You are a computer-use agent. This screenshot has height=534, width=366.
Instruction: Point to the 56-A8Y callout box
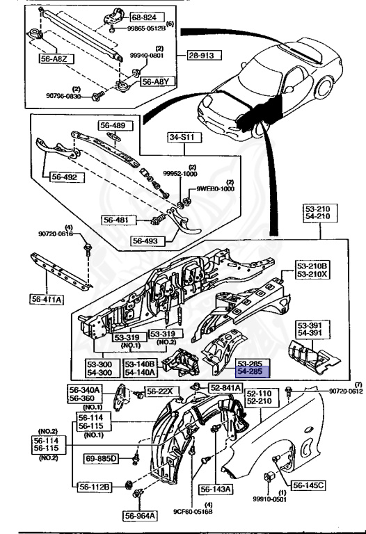point(157,81)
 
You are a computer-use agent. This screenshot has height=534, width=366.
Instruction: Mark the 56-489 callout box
point(112,126)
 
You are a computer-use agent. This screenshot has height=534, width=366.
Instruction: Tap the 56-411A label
point(47,299)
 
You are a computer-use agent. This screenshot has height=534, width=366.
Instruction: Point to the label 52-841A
point(223,387)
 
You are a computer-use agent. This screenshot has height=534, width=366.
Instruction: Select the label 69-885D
point(102,459)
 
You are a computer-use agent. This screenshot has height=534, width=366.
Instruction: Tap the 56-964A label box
point(141,515)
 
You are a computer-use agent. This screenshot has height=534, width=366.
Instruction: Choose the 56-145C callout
point(308,485)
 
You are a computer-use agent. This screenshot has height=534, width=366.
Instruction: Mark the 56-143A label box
point(216,489)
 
